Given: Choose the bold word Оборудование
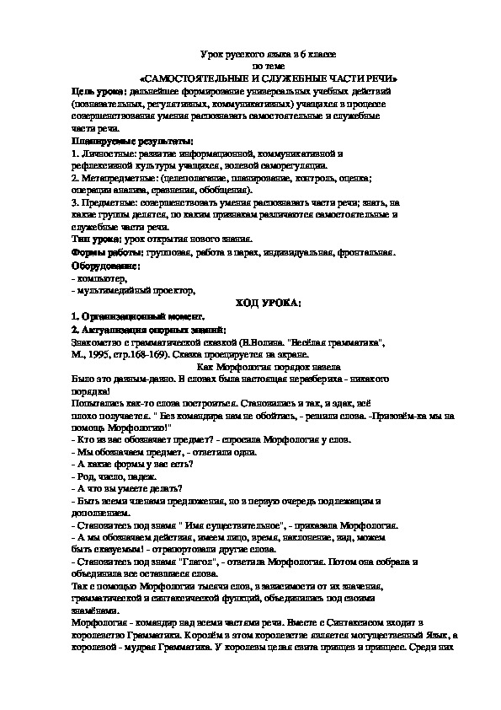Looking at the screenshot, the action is (x=105, y=266).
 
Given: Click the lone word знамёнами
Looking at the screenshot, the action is (x=95, y=610).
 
